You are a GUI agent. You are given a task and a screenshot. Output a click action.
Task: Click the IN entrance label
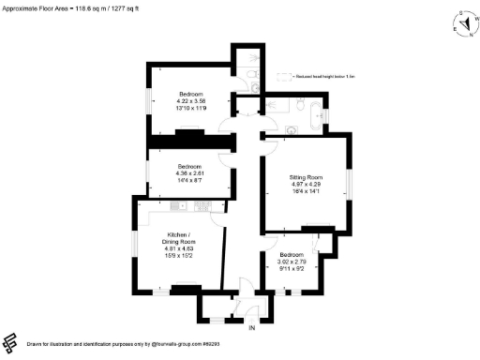251,327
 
